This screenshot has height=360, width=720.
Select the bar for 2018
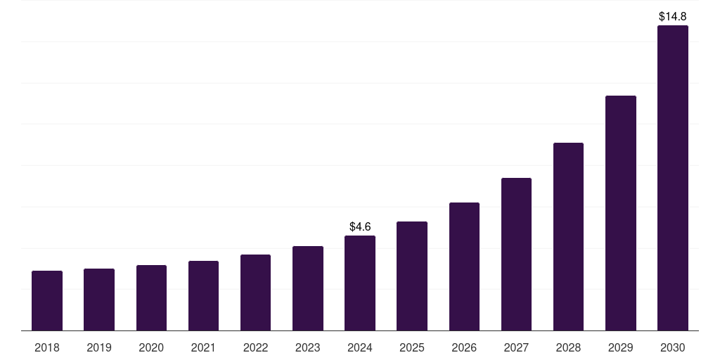point(47,301)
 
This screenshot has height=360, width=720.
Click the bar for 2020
point(152,298)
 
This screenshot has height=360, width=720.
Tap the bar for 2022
point(255,292)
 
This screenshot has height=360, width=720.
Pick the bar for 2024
point(360,283)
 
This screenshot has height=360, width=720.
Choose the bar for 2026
point(464,266)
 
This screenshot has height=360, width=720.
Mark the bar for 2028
point(568,237)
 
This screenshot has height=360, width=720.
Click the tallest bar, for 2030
point(673,178)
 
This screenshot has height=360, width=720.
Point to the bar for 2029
point(621,213)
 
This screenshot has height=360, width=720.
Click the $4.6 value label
point(360,227)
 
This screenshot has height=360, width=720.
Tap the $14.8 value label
point(673,17)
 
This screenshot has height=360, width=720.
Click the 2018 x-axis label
point(47,347)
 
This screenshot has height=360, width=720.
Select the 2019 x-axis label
point(99,347)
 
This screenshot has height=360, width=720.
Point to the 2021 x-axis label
point(203,347)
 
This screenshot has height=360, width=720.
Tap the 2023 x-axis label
point(308,347)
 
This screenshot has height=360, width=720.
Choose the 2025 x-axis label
point(412,347)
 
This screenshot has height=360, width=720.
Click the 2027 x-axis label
point(516,347)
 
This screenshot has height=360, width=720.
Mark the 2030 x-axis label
point(673,347)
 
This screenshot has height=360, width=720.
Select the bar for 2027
point(516,255)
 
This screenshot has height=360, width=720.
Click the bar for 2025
point(412,276)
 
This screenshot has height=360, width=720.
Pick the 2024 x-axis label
point(360,347)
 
